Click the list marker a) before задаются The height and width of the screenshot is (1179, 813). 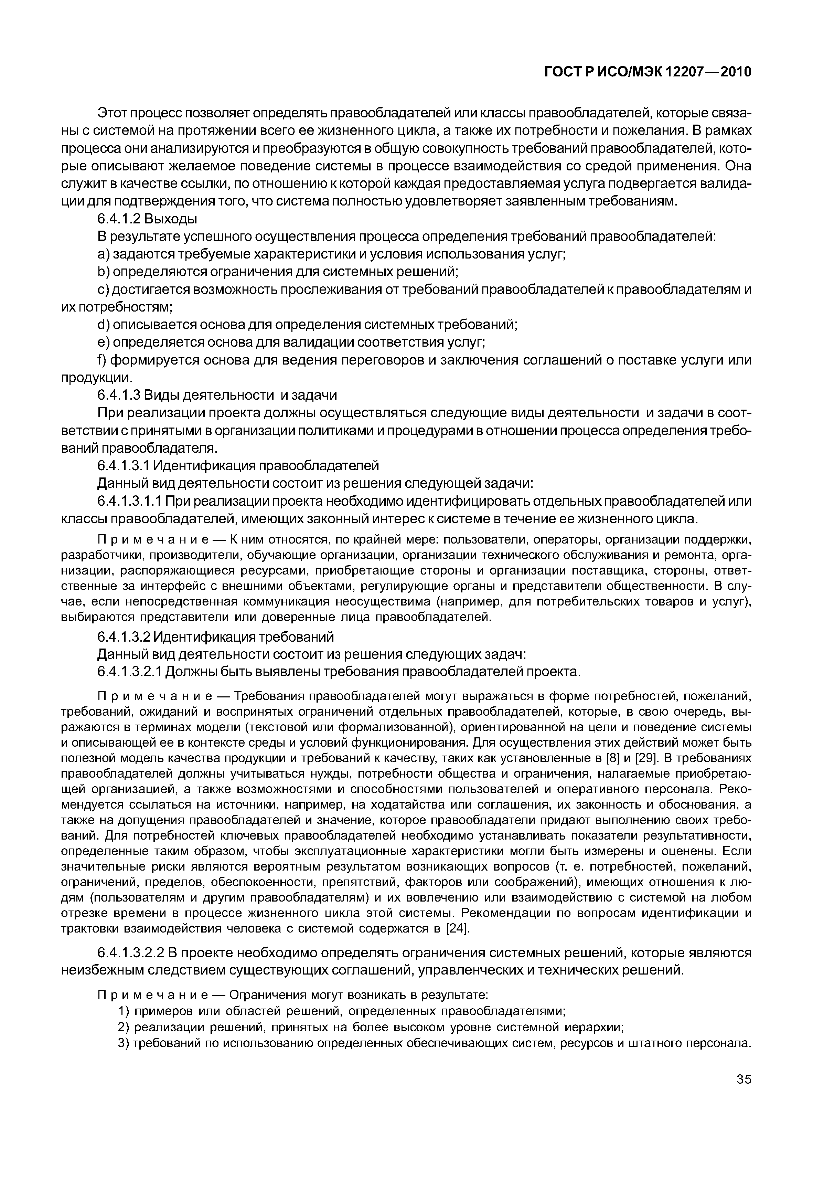(x=104, y=254)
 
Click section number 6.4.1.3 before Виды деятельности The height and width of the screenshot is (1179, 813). (x=118, y=396)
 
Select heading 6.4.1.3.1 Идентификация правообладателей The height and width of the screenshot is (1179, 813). (x=238, y=466)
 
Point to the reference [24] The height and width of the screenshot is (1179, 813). (x=457, y=928)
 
